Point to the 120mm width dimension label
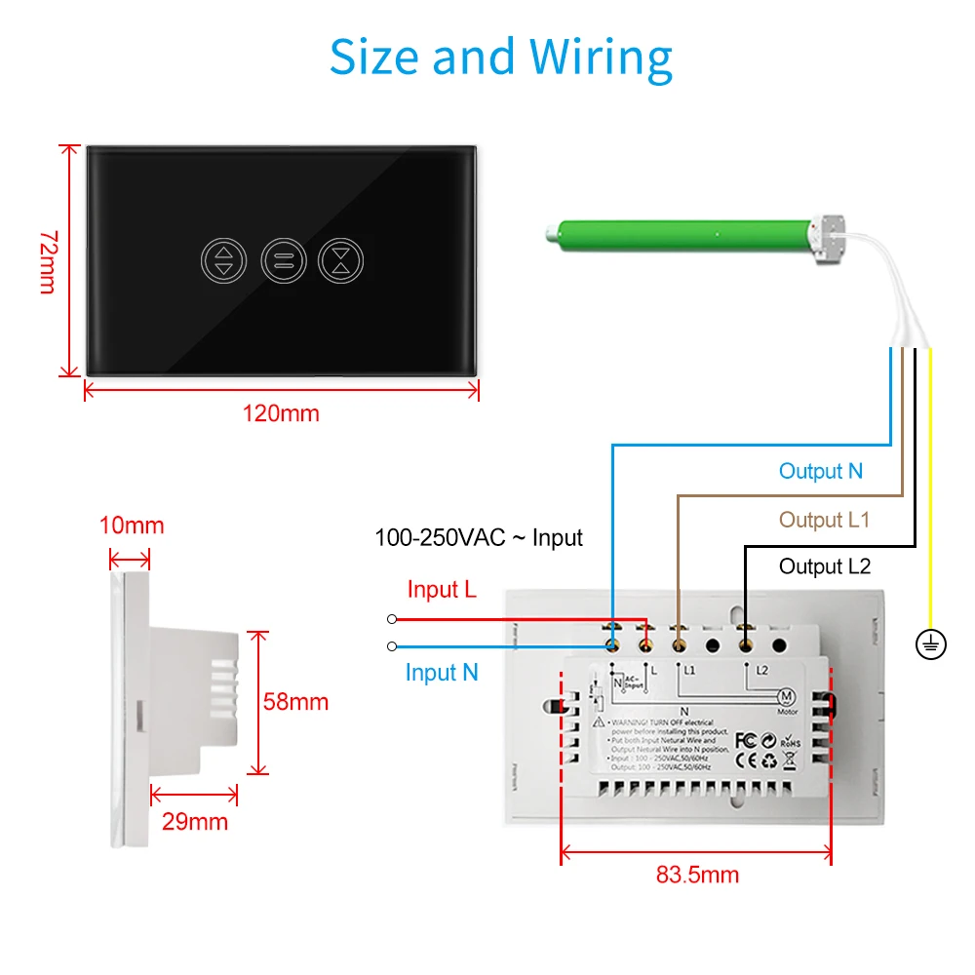coord(281,413)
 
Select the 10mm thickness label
coord(132,526)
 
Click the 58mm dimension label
coord(295,702)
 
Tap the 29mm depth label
coord(195,821)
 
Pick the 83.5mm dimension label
coord(697,874)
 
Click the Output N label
coord(821,472)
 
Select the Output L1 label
coord(824,520)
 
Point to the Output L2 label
coord(825,566)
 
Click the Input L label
coord(442,590)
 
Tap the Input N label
coord(442,673)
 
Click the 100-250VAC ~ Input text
coord(479,537)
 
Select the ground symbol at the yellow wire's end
coord(931,643)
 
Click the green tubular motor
coord(682,234)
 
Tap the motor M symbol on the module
coord(787,696)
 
